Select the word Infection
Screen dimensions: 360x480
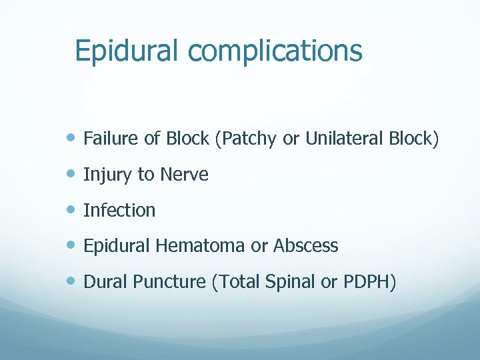coord(119,211)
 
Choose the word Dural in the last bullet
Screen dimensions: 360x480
coord(106,282)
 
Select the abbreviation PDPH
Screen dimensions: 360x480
coord(369,282)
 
